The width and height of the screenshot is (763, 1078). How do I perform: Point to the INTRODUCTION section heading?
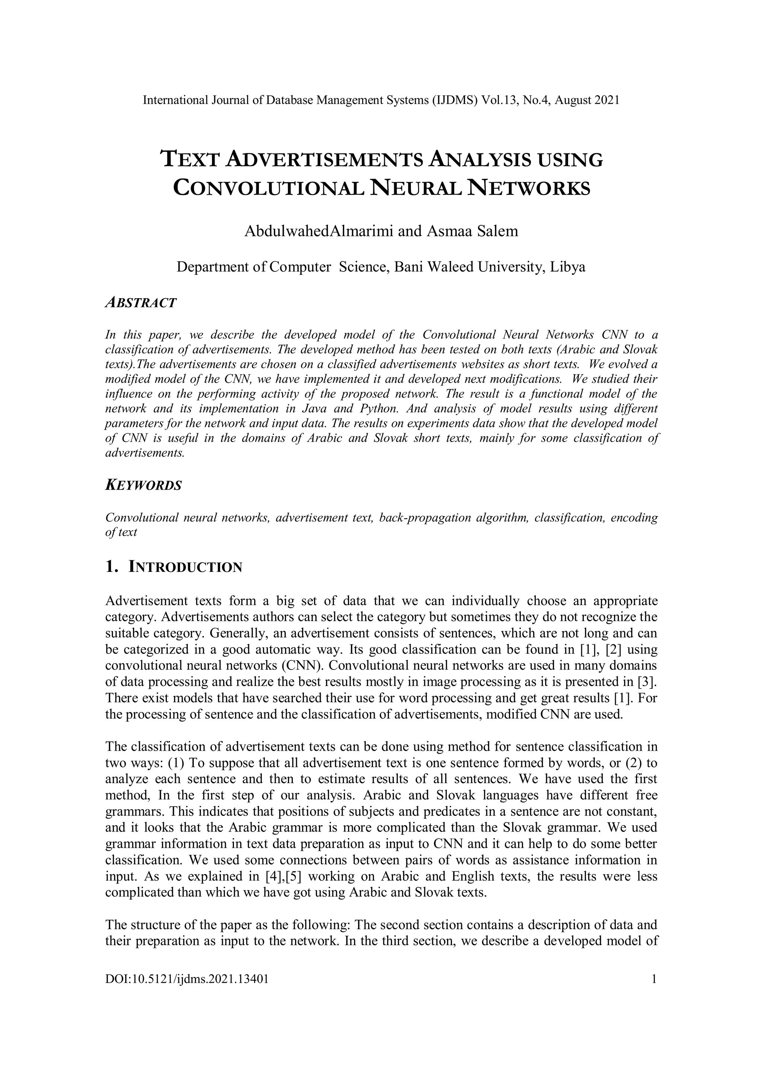(185, 567)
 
